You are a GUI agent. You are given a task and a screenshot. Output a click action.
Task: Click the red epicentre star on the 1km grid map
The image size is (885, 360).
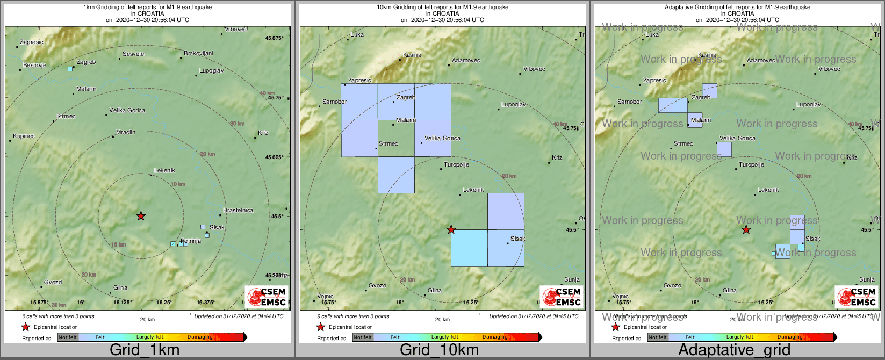[x=141, y=216]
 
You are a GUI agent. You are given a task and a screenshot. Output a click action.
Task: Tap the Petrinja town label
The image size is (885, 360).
[x=191, y=241]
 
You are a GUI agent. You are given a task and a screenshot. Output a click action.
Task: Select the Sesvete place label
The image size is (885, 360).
[x=133, y=54]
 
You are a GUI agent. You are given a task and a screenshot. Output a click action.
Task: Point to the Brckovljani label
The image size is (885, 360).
[x=198, y=53]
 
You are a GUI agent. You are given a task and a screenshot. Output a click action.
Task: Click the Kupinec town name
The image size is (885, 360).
[x=24, y=136]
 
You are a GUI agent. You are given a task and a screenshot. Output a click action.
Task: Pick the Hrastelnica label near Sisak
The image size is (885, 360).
[x=238, y=210]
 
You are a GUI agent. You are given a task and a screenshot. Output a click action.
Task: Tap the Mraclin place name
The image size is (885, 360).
[x=126, y=132]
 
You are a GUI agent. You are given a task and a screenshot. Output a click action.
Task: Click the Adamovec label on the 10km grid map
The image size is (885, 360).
[x=466, y=61]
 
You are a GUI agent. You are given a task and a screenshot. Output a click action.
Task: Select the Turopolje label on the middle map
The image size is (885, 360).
[x=456, y=164]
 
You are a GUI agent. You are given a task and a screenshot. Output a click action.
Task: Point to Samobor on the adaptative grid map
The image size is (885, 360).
[x=629, y=102]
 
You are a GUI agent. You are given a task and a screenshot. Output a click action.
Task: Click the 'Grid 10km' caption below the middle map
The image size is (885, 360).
[x=439, y=350]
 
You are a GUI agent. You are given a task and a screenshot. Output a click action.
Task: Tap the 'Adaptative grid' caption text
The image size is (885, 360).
[x=734, y=350]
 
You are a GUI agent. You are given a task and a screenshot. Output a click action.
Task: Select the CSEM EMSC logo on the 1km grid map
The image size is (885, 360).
[x=267, y=297]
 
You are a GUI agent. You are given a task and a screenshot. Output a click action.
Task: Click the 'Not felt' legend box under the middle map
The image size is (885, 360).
[x=363, y=337]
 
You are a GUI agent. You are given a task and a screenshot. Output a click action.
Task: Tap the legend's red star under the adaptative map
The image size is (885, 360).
[x=616, y=327]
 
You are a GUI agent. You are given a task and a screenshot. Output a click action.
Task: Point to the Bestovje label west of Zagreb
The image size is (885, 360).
[x=34, y=65]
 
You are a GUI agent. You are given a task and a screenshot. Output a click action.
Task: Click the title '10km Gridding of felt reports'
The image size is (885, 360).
[x=442, y=8]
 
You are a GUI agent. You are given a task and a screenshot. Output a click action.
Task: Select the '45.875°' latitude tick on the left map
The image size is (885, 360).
[x=275, y=38]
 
